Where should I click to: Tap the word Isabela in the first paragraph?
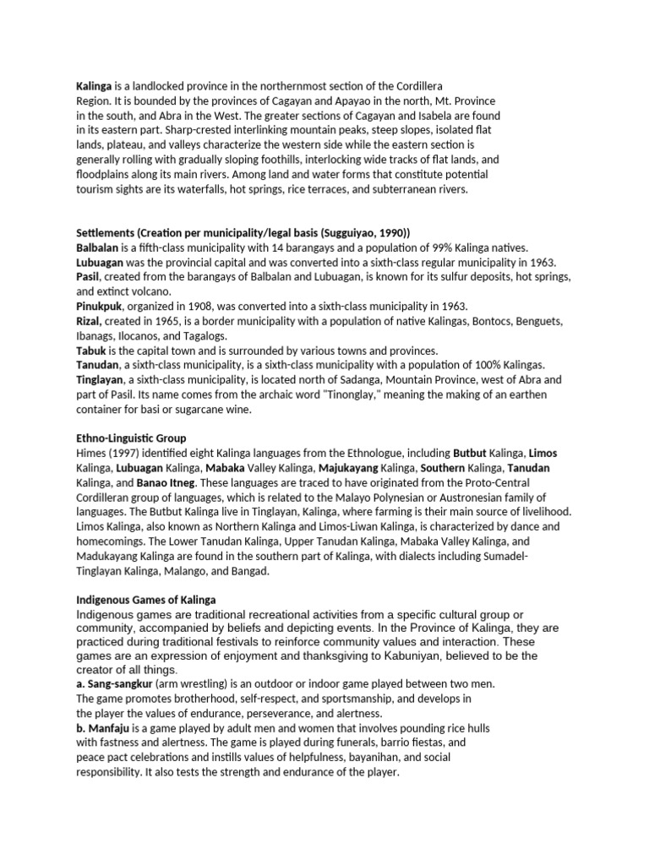(x=436, y=115)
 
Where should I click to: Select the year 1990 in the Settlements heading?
(x=389, y=233)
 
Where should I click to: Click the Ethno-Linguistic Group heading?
(x=131, y=438)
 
